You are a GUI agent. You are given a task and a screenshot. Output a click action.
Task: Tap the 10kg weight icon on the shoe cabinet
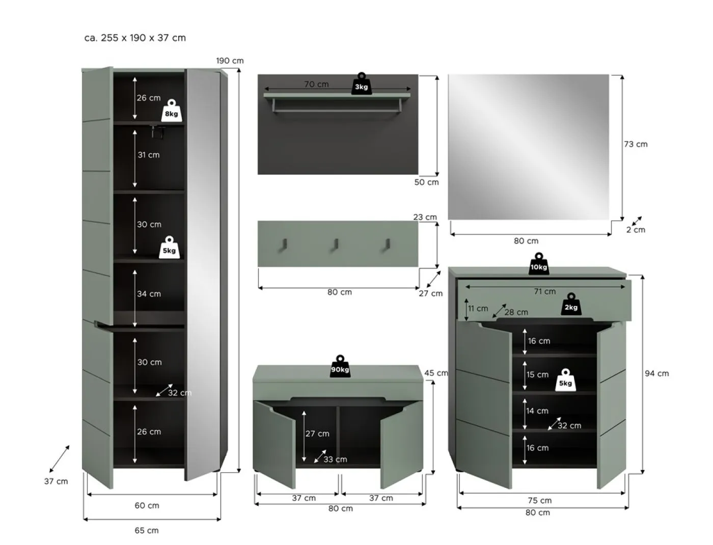click(x=538, y=264)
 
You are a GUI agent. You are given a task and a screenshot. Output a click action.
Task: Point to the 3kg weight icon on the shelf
click(x=361, y=85)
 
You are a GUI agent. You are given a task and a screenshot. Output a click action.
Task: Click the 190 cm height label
click(x=230, y=61)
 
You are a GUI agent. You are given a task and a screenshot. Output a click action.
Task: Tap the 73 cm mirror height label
click(x=636, y=144)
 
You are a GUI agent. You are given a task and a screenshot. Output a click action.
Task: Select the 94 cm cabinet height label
click(x=656, y=373)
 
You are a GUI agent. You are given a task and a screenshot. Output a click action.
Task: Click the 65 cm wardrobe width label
click(x=146, y=530)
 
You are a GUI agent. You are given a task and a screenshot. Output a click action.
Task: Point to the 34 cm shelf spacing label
click(x=149, y=294)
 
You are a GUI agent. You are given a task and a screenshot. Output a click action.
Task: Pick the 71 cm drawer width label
click(x=544, y=291)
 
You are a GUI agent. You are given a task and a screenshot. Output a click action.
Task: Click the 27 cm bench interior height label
click(x=317, y=433)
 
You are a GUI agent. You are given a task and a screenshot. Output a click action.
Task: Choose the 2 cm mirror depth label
click(x=635, y=230)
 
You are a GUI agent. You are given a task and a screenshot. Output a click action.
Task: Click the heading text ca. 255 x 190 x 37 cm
click(x=135, y=38)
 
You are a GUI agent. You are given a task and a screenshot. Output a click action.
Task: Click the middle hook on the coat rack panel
click(x=336, y=244)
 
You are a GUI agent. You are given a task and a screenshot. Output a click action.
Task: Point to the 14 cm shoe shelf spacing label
click(x=537, y=411)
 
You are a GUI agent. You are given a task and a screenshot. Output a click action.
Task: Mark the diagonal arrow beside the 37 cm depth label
click(x=59, y=458)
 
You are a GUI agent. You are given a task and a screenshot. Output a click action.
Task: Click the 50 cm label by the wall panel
click(x=426, y=182)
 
